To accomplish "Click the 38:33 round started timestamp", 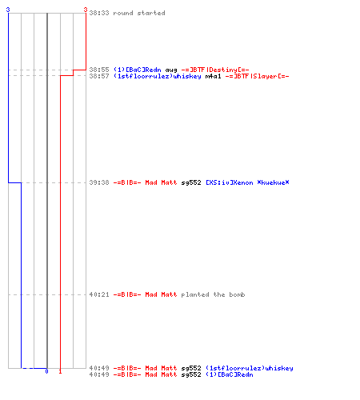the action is coord(99,13).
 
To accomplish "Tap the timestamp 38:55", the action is coord(99,70).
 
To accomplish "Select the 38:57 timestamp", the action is coord(99,76).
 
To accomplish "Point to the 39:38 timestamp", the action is coord(99,182).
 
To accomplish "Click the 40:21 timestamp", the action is coord(99,294).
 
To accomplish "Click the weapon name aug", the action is coord(171,70).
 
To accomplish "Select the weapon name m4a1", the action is coord(213,76).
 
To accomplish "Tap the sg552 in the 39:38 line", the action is coord(191,182).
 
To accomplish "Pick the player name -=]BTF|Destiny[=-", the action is coord(215,70).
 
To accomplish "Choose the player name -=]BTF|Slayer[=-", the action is coord(257,76).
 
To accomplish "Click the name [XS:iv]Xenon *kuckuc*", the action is coord(247,182).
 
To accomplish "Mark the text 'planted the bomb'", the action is coord(213,294).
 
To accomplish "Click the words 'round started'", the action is coord(139,13).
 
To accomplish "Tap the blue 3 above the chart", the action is coord(8,10).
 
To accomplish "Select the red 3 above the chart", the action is coord(86,10).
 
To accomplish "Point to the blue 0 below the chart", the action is coord(46,371).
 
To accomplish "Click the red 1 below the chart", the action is coord(60,371).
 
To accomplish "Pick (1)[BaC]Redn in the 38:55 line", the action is coord(138,70).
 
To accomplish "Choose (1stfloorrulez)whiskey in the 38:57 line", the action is coord(158,76).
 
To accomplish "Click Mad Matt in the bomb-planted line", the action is coord(161,294).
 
